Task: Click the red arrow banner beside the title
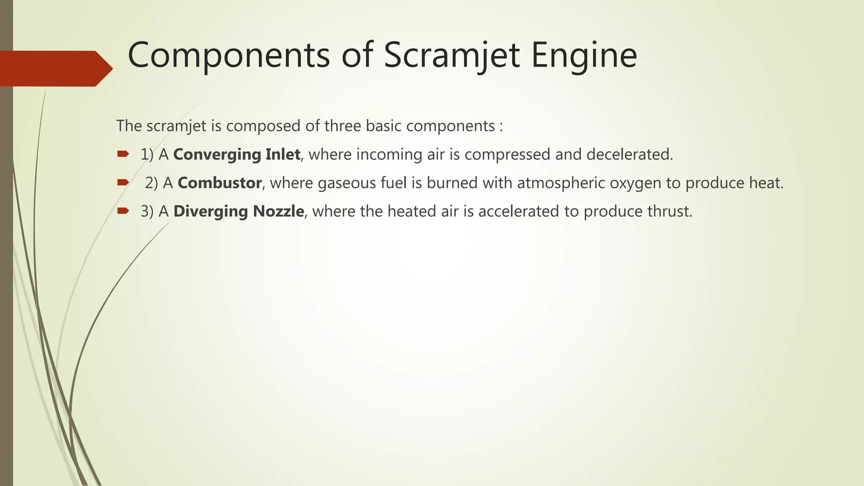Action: (55, 68)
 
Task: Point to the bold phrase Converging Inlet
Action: (237, 154)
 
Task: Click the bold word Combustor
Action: (219, 183)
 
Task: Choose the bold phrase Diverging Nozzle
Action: (238, 211)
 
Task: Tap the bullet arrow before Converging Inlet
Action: (123, 154)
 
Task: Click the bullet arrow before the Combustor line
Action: (123, 183)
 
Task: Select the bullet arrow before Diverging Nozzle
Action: (123, 211)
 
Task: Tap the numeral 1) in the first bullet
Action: (147, 154)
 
